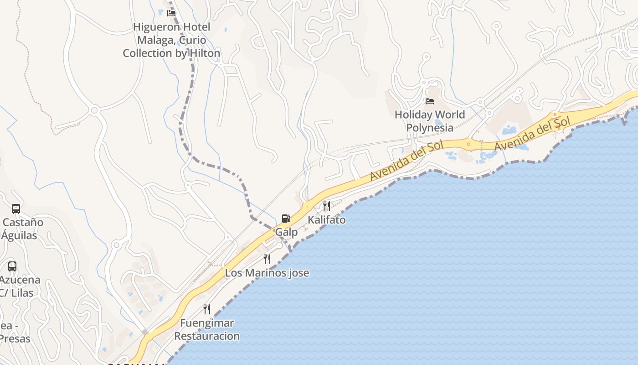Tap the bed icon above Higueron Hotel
pos(171,13)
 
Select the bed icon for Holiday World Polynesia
pos(430,101)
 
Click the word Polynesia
pos(430,128)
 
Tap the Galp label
pos(286,232)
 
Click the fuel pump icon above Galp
pos(286,219)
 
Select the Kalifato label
pos(326,220)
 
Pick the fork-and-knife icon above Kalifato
pos(326,206)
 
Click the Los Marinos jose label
pos(267,273)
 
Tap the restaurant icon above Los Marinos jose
pos(267,259)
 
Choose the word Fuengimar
pos(207,323)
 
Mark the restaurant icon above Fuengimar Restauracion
pos(207,309)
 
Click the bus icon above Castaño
pos(16,209)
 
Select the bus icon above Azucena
pos(12,266)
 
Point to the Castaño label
pos(23,223)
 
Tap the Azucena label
pos(20,280)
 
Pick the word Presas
pos(15,339)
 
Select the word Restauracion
pos(207,336)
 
